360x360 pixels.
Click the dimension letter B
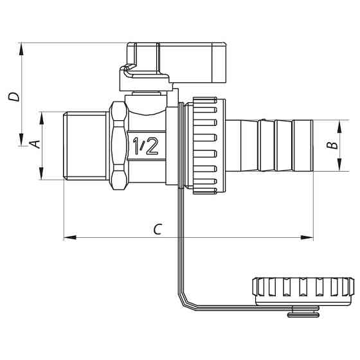tap(332, 146)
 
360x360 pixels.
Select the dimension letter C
tap(157, 228)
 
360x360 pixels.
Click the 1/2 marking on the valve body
tap(145, 146)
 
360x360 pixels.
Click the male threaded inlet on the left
tap(87, 146)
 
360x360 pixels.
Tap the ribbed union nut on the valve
tap(206, 145)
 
